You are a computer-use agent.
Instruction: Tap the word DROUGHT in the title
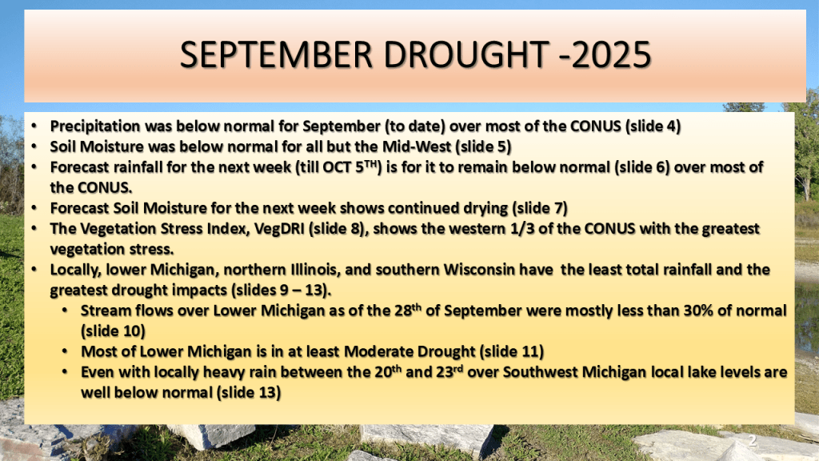tap(466, 55)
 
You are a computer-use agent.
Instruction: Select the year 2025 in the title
tap(611, 55)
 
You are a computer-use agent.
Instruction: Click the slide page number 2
tap(752, 441)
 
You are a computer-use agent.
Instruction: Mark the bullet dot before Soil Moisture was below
tap(34, 147)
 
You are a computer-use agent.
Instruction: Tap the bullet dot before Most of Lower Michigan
tap(65, 352)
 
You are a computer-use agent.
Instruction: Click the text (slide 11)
tap(511, 352)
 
